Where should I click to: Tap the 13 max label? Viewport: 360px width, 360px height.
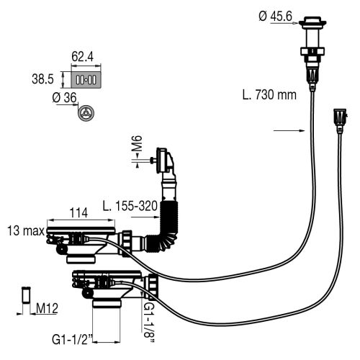point(24,231)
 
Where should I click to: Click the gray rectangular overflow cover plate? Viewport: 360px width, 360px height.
point(86,77)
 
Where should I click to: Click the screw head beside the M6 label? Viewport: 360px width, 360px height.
point(154,160)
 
